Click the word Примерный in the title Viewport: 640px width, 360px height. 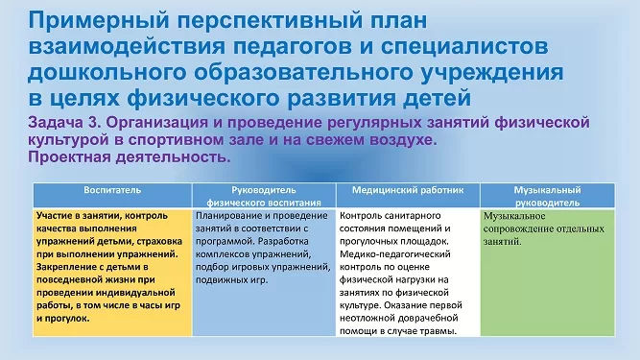(99, 20)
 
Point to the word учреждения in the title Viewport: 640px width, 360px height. (492, 73)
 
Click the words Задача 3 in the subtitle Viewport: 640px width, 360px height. (65, 122)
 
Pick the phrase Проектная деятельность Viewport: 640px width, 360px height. (130, 156)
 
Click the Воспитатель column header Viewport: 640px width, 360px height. (112, 190)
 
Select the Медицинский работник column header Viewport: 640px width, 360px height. (408, 190)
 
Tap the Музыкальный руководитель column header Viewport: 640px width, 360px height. (547, 196)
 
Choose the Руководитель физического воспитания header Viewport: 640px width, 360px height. (264, 196)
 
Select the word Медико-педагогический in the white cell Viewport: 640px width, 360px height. (394, 254)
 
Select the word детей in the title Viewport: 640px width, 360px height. (437, 98)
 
